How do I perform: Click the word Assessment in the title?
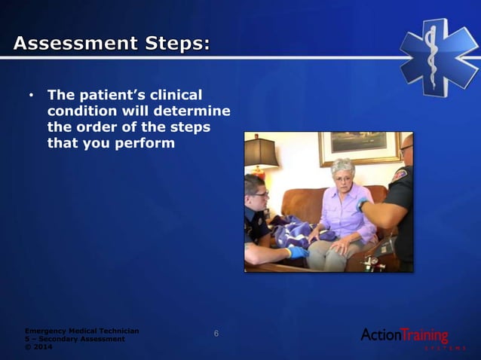pyautogui.click(x=72, y=44)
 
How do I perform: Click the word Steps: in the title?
pyautogui.click(x=173, y=44)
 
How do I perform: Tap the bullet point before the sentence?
pyautogui.click(x=31, y=96)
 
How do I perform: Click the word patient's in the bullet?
pyautogui.click(x=103, y=96)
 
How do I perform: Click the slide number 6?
pyautogui.click(x=216, y=334)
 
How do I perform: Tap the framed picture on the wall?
pyautogui.click(x=358, y=148)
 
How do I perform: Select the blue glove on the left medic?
pyautogui.click(x=298, y=252)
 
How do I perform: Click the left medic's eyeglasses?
pyautogui.click(x=259, y=195)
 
